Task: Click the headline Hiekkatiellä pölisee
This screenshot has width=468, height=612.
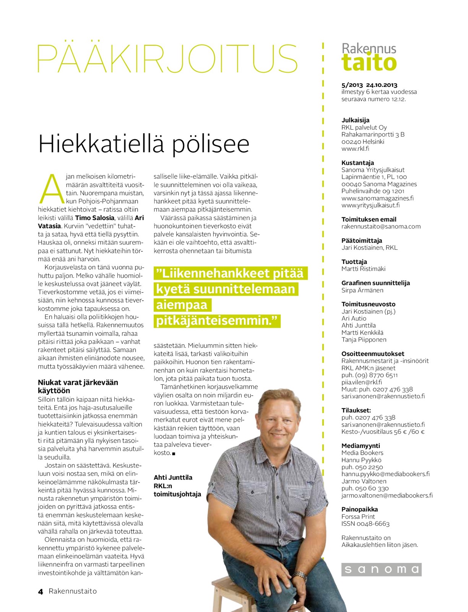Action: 144,143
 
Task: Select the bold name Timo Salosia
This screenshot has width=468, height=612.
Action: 94,218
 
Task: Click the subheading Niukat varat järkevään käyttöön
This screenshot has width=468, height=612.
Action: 78,386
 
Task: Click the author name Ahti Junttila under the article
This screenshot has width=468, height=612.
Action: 173,477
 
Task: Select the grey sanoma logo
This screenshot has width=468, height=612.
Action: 381,569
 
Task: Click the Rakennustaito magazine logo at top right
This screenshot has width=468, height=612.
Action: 369,58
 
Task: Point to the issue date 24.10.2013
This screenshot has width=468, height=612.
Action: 382,85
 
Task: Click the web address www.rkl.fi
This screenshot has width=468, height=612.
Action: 355,148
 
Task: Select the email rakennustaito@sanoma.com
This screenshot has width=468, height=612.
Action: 381,226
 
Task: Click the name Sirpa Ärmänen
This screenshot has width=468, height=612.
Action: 362,290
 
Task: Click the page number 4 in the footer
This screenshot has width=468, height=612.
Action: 41,591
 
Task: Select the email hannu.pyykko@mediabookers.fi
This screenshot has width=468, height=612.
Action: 385,474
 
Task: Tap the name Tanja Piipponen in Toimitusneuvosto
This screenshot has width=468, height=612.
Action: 364,340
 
